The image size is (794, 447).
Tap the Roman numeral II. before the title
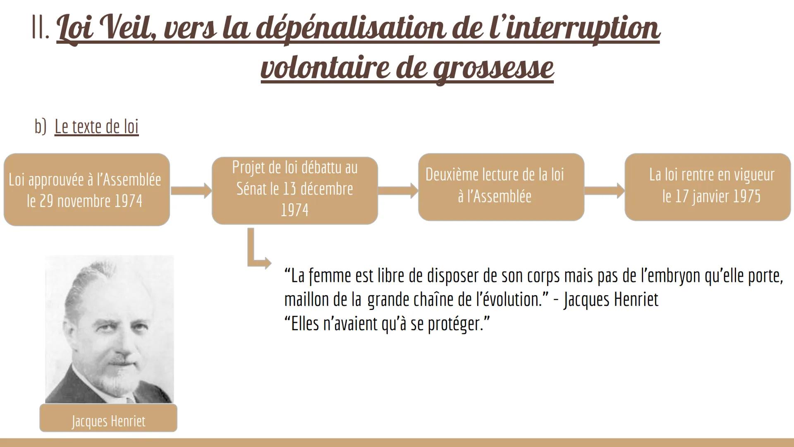pos(41,29)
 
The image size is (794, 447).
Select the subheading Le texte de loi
pos(96,126)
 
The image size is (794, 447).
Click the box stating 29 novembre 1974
pos(86,190)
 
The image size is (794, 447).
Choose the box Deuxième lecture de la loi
pos(501,187)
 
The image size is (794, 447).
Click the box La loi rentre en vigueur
pos(708,187)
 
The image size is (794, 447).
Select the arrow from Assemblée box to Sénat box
pos(191,191)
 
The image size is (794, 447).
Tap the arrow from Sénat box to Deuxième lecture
pos(397,191)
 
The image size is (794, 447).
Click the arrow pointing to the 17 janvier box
pos(604,191)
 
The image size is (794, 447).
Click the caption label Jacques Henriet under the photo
pos(108,420)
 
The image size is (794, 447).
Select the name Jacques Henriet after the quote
pos(611,300)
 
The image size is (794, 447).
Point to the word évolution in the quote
pos(509,300)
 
